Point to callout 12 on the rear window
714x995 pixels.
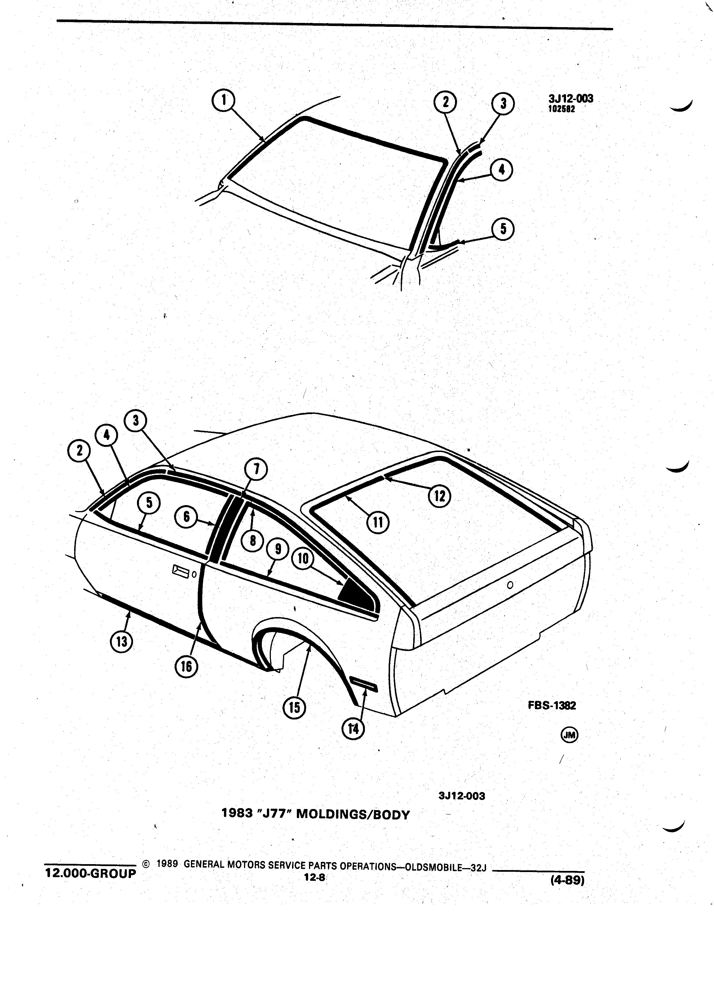[440, 496]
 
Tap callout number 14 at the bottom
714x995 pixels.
[353, 729]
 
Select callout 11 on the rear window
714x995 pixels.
[378, 522]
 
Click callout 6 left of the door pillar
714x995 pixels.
[186, 517]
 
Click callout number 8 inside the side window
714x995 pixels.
[253, 540]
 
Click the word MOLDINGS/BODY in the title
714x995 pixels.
[353, 815]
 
